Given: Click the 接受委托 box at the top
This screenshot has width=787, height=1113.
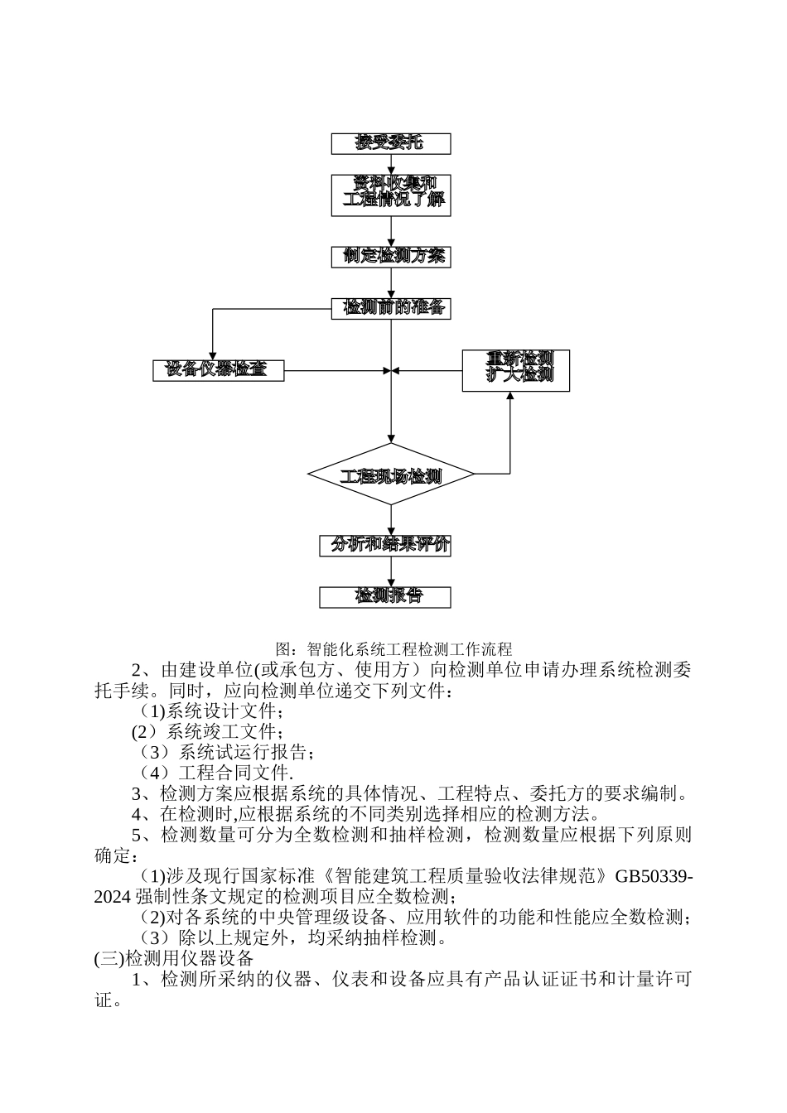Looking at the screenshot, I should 390,143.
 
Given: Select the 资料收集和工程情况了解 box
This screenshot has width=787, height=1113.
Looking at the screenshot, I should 390,195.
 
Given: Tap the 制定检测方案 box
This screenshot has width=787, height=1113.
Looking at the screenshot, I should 390,257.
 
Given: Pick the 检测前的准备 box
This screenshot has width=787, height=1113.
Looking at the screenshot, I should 390,308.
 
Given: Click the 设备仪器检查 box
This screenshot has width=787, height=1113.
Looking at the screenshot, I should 218,370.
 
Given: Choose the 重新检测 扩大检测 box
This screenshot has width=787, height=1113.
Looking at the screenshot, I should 515,370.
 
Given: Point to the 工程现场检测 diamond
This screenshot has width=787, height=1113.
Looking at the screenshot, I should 390,475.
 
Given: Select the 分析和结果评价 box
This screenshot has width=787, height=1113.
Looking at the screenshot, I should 386,545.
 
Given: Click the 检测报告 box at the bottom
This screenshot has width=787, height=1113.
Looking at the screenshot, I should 386,596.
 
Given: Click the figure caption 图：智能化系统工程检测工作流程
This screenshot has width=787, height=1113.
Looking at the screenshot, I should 393,648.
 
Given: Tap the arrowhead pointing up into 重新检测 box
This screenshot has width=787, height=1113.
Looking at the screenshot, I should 509,397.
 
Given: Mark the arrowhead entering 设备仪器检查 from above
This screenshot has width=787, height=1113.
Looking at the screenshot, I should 213,354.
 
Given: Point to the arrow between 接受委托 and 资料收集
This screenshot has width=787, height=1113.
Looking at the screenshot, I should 390,164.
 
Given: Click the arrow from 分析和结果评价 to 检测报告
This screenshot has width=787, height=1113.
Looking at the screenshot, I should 390,571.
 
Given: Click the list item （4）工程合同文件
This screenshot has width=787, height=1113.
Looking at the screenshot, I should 215,773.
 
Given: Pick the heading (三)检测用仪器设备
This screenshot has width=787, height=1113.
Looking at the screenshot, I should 174,959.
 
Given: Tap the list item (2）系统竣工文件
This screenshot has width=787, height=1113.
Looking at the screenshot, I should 208,732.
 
